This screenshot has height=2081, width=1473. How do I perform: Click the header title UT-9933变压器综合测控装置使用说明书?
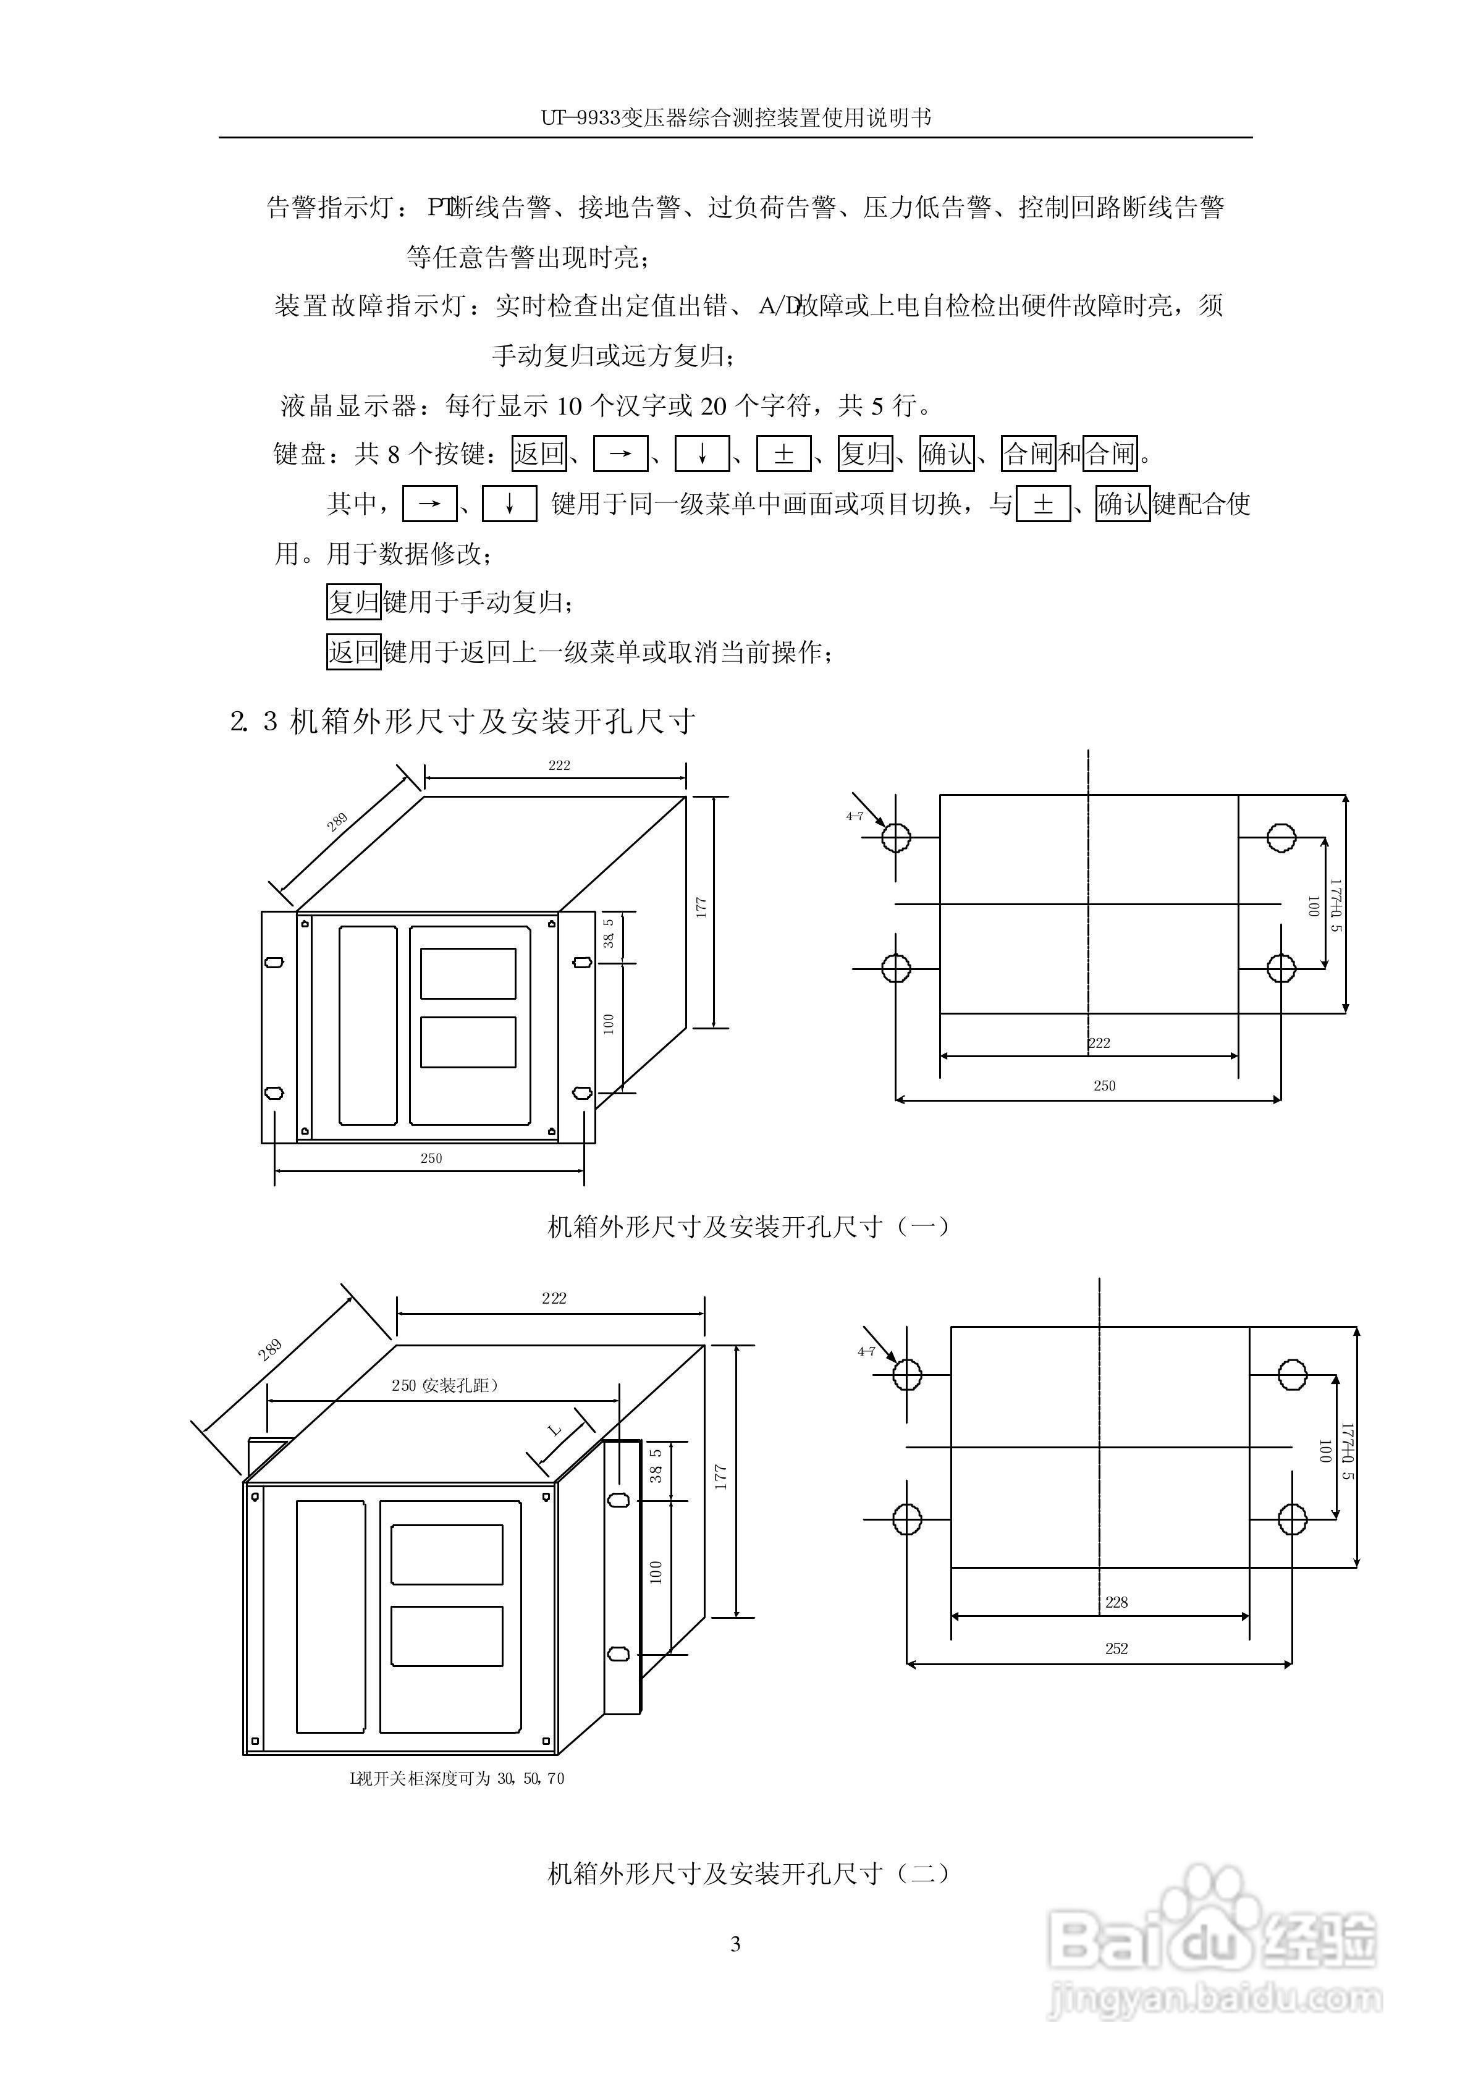[x=736, y=118]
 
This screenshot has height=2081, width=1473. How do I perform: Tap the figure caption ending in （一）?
[x=749, y=1227]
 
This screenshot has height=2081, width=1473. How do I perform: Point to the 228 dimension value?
[x=1116, y=1602]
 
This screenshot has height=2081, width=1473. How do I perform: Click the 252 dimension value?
[x=1116, y=1648]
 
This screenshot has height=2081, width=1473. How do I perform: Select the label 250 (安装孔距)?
[x=444, y=1385]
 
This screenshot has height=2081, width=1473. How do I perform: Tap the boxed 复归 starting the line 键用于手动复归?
[x=353, y=602]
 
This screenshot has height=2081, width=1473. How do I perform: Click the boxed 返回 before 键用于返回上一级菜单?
[x=353, y=652]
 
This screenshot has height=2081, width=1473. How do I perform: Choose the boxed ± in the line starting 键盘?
[x=783, y=454]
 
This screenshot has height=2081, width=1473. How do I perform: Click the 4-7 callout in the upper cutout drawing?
[x=855, y=817]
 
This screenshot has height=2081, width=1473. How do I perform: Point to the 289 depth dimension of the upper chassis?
[x=337, y=822]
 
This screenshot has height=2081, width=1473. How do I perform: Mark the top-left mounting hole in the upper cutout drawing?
[x=896, y=838]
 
